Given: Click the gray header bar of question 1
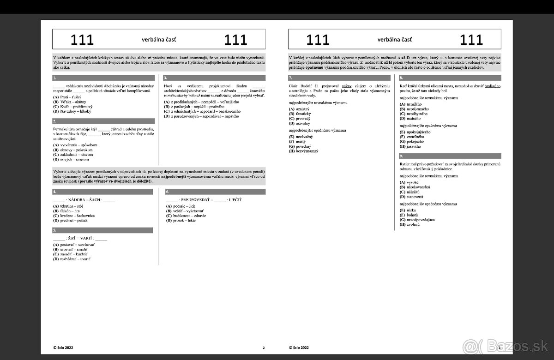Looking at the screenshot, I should [103, 78].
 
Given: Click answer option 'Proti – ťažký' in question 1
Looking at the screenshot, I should [69, 97].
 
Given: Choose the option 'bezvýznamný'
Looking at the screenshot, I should [305, 151].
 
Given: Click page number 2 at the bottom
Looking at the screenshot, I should [263, 348].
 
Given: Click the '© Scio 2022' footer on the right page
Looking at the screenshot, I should [300, 348].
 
